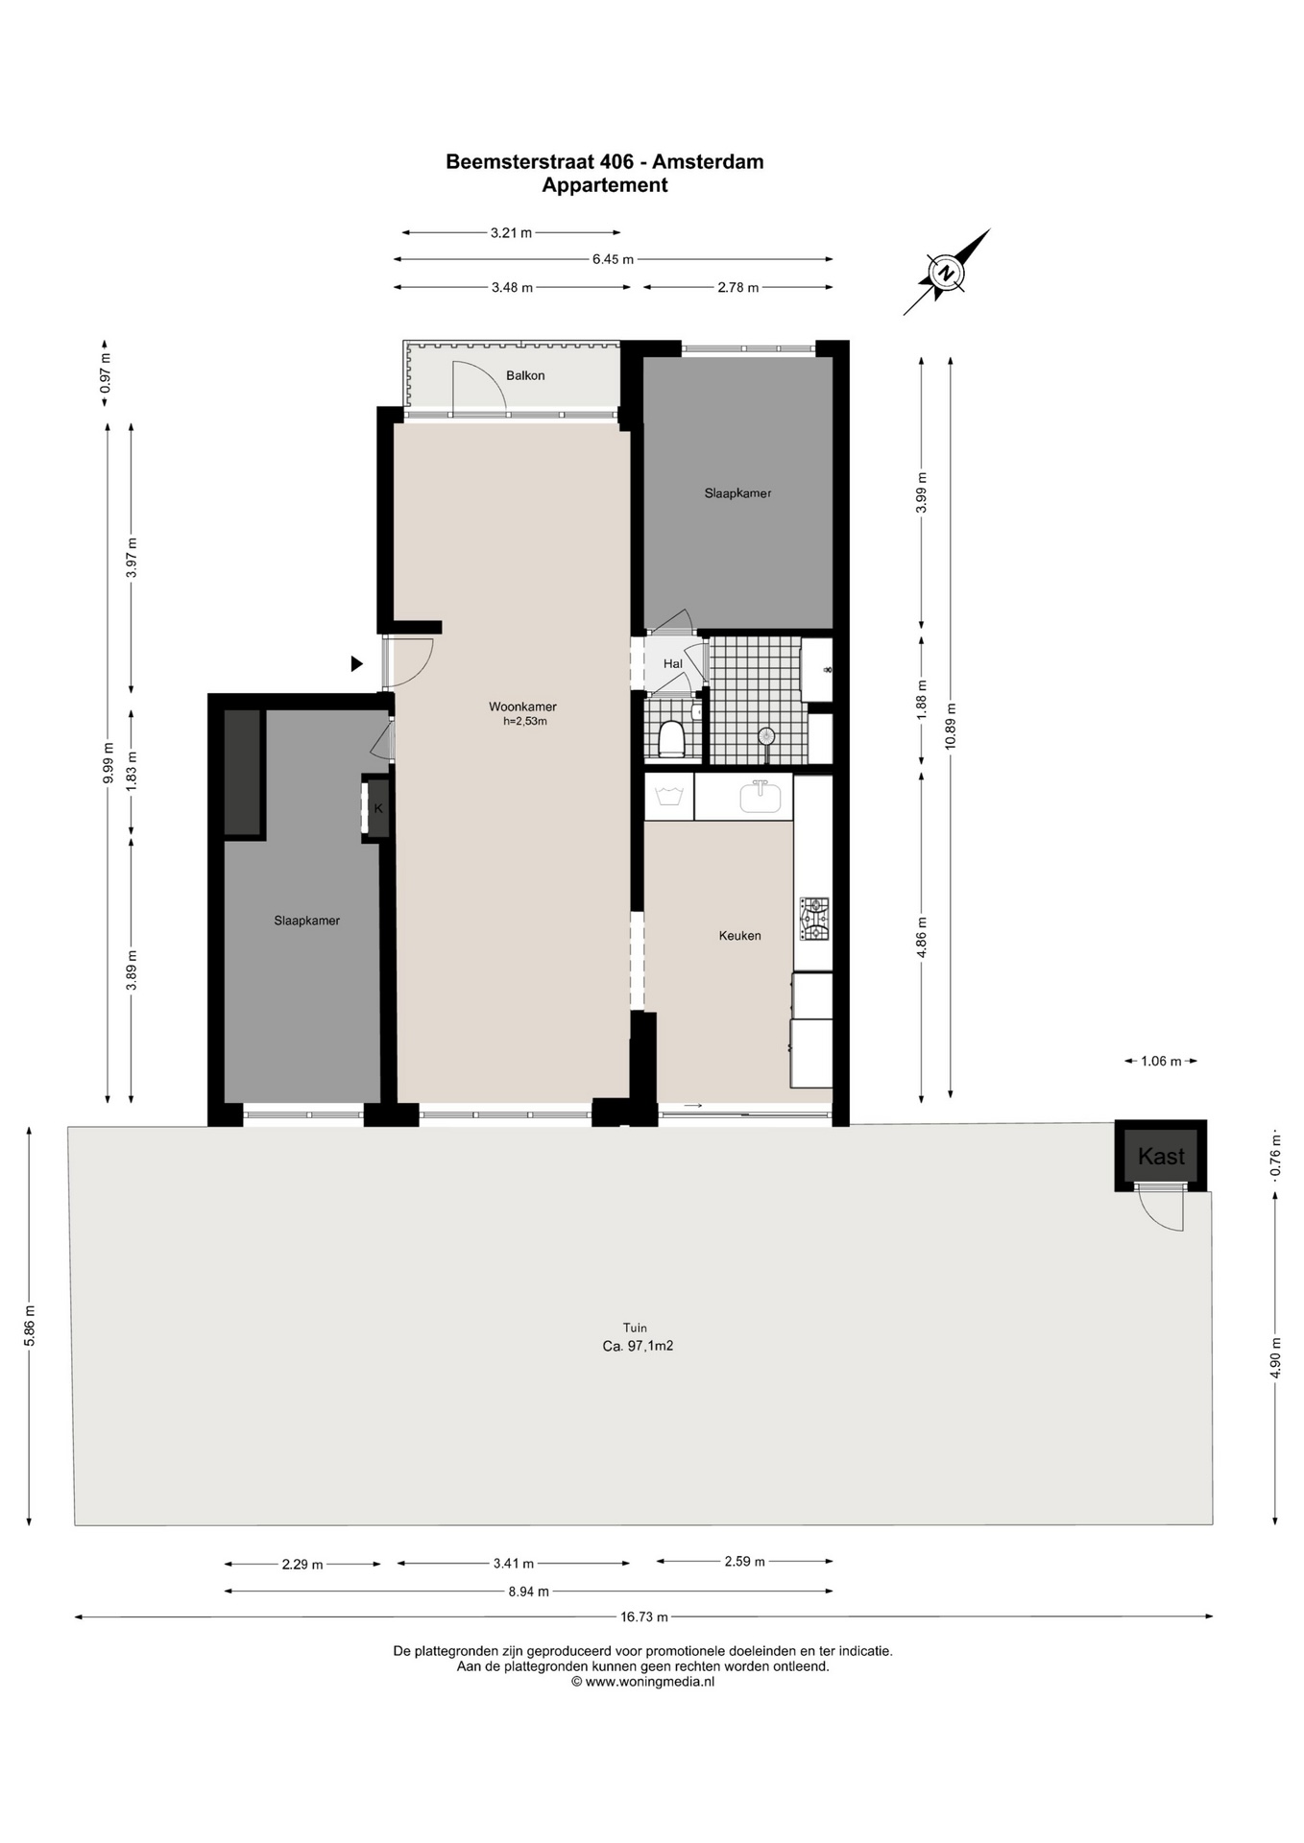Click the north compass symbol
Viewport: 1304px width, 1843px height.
click(x=946, y=273)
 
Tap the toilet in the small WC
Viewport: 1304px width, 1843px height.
click(x=671, y=737)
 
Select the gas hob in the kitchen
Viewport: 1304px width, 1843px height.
click(x=815, y=919)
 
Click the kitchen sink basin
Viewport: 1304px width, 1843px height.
click(x=760, y=796)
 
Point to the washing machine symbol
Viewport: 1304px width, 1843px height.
click(x=669, y=796)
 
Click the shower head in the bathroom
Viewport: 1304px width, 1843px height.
click(x=765, y=737)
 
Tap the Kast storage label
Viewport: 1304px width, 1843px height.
click(x=1161, y=1157)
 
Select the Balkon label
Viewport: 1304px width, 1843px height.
click(x=525, y=375)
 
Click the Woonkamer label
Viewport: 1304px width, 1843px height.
click(x=522, y=706)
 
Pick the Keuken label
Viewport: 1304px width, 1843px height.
click(x=739, y=935)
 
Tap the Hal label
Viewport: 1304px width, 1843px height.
click(x=672, y=663)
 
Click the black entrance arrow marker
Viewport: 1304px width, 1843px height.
click(x=356, y=663)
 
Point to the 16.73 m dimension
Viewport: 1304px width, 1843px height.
click(x=643, y=1616)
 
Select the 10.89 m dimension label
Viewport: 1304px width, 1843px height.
click(x=951, y=727)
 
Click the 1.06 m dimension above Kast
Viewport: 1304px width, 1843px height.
click(x=1161, y=1061)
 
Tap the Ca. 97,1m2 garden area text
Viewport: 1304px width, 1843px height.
click(x=638, y=1346)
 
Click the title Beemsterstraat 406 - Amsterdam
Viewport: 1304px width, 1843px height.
click(x=605, y=161)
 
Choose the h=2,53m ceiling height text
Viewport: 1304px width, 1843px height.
click(x=525, y=721)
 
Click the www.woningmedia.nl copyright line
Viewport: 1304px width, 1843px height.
click(x=643, y=1681)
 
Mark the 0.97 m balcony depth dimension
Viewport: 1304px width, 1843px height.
click(x=106, y=372)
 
